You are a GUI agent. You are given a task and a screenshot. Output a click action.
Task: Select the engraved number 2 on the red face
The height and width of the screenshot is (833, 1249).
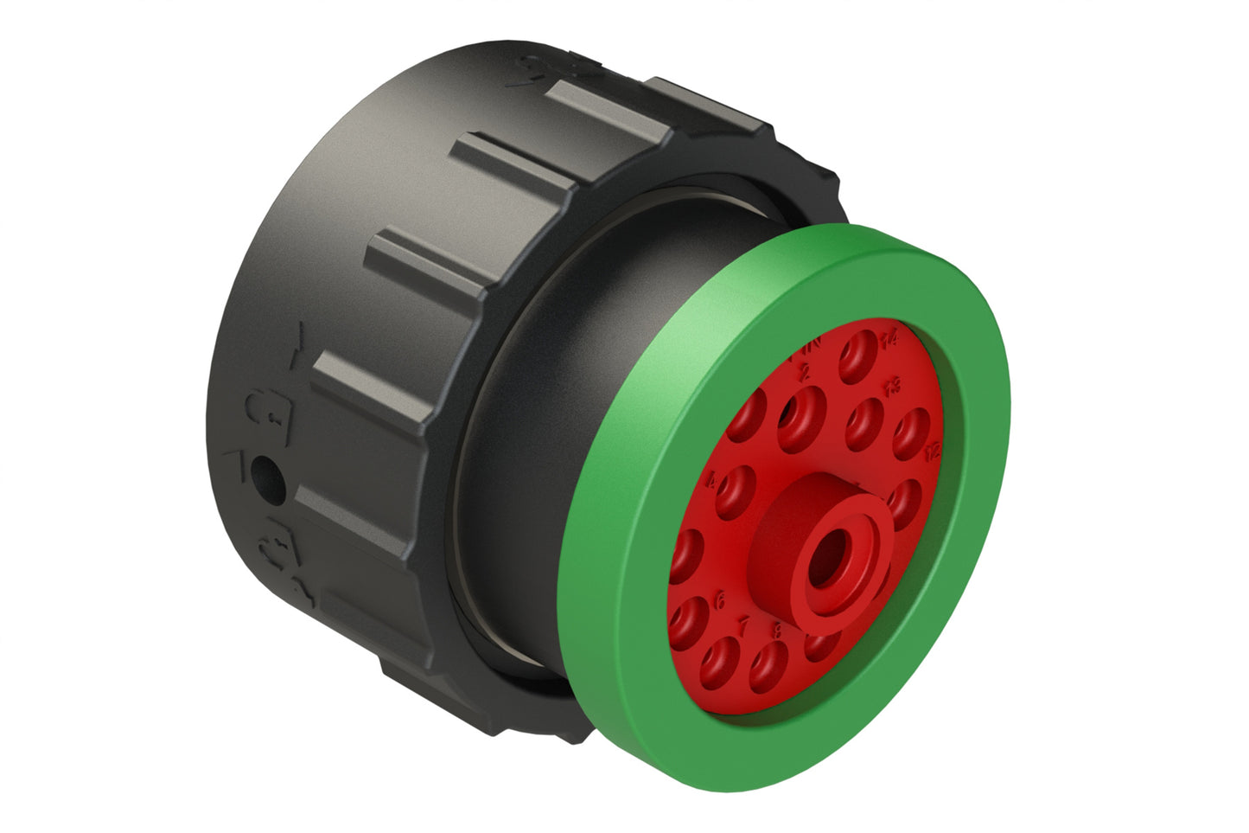pos(806,372)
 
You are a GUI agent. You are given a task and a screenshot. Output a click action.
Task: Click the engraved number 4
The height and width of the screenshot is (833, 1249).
pos(711,481)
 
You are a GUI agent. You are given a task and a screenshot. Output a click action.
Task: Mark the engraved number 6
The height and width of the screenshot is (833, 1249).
pos(720,598)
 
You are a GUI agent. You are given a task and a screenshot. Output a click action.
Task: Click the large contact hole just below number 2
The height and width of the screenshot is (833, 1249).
pos(802,418)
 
